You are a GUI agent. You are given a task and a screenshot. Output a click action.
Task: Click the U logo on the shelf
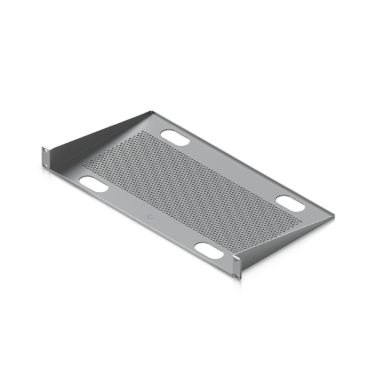(x=150, y=216)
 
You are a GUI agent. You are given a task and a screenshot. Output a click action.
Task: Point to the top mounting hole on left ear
(x=45, y=151)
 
